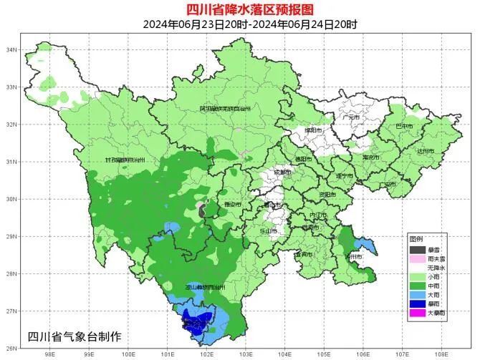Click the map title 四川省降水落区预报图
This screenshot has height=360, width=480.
(x=240, y=9)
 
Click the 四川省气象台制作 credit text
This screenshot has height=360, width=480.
(x=75, y=336)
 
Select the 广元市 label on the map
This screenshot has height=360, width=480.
(x=352, y=117)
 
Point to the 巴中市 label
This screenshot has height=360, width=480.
(x=405, y=126)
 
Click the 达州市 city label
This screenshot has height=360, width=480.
(x=426, y=151)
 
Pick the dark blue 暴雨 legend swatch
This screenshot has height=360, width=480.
(x=417, y=303)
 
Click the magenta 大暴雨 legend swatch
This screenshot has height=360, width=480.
(x=417, y=313)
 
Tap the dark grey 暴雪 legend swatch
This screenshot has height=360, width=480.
(x=417, y=249)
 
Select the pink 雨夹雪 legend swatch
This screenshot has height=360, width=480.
(x=417, y=258)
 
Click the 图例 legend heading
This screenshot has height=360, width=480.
(x=416, y=238)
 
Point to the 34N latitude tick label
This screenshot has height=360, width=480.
(x=11, y=50)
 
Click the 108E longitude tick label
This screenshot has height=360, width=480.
(x=441, y=352)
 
